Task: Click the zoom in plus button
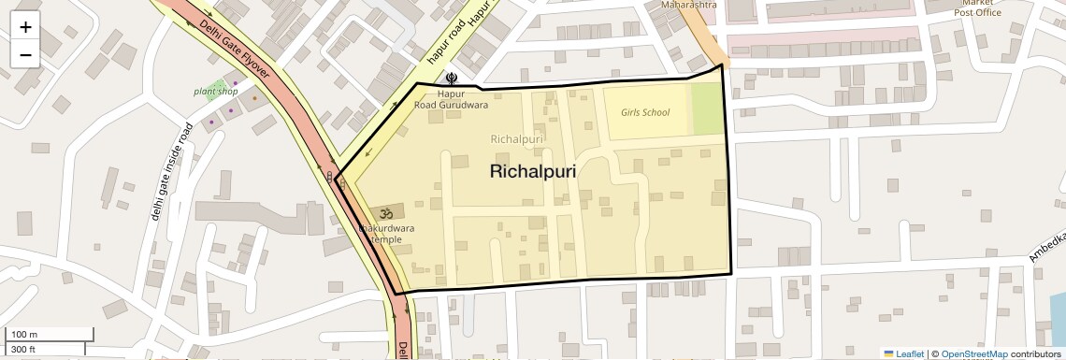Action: point(25,27)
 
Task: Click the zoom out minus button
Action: point(25,54)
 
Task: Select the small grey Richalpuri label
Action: point(517,139)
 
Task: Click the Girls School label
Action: point(645,112)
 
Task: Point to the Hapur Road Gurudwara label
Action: point(452,99)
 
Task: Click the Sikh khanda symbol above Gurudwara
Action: point(453,80)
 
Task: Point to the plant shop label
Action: point(216,92)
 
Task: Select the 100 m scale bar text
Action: point(23,335)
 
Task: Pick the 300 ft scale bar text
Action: point(23,350)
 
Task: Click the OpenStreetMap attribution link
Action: point(973,353)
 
